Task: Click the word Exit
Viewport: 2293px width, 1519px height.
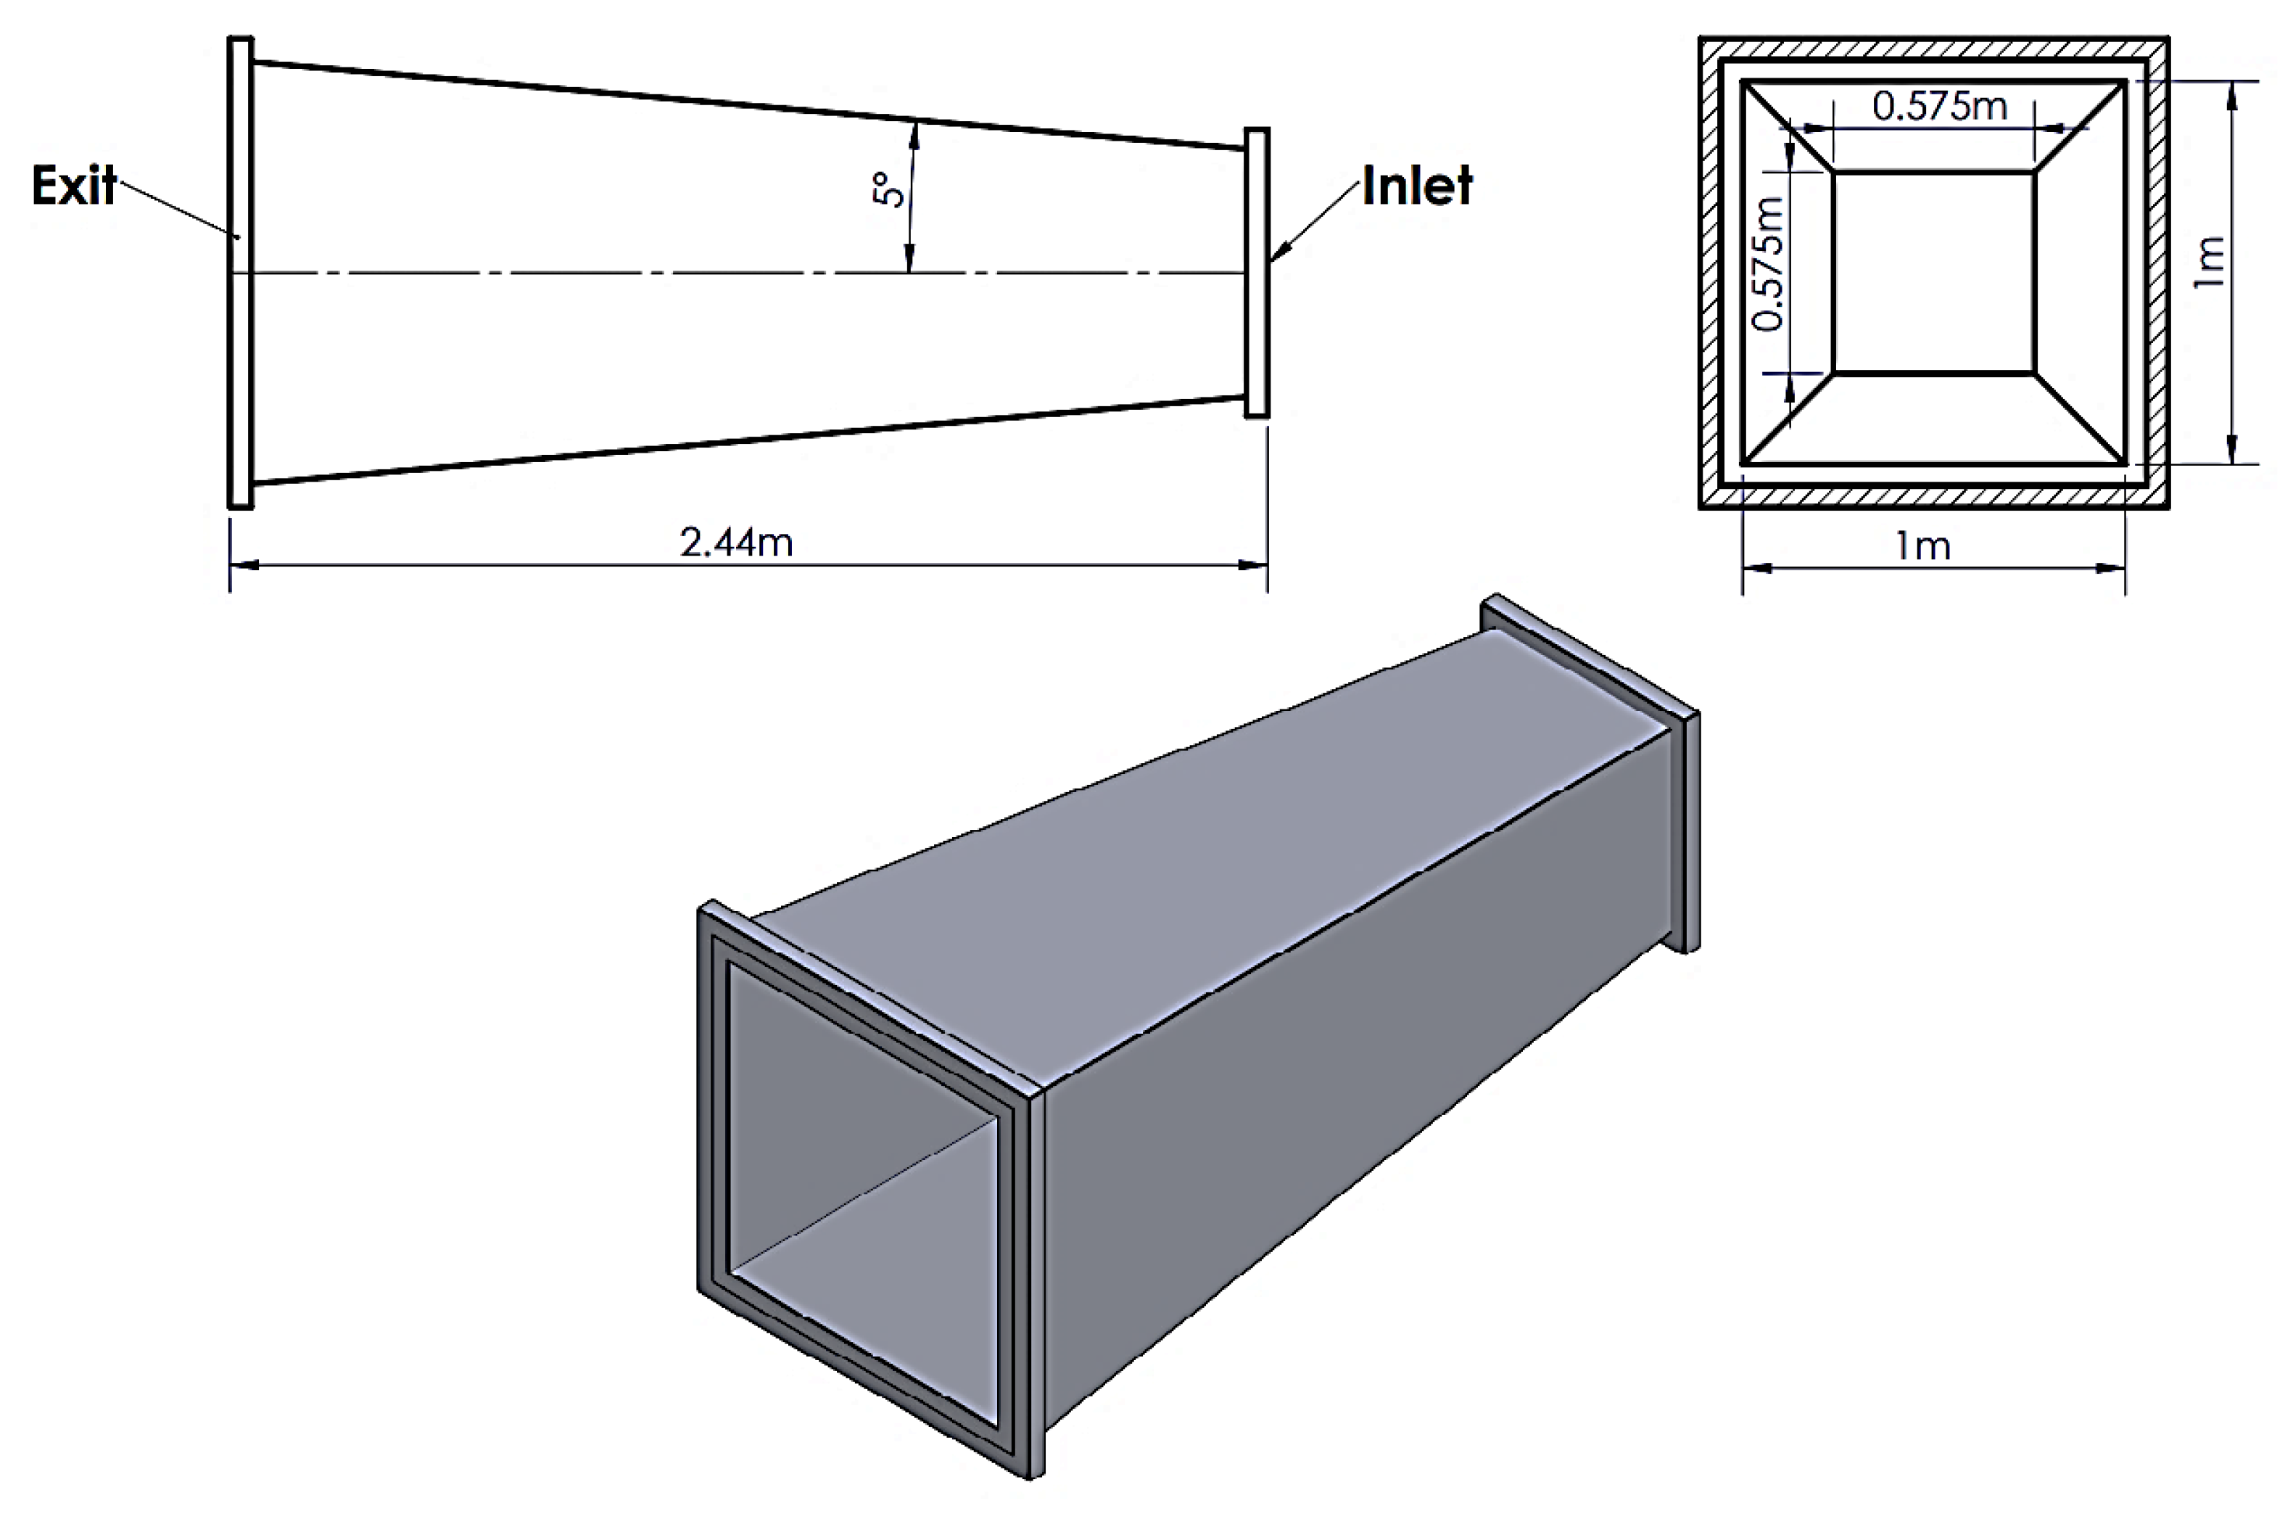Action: tap(73, 185)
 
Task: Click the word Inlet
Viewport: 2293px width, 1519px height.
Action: tap(1417, 185)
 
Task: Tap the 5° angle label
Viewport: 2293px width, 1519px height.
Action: tap(890, 190)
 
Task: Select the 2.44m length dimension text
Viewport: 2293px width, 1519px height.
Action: tap(736, 543)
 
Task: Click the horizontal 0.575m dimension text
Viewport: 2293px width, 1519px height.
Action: tap(1940, 106)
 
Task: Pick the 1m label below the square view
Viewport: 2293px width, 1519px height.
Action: tap(1922, 546)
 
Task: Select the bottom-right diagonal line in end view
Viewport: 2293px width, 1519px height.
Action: tap(2080, 419)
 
